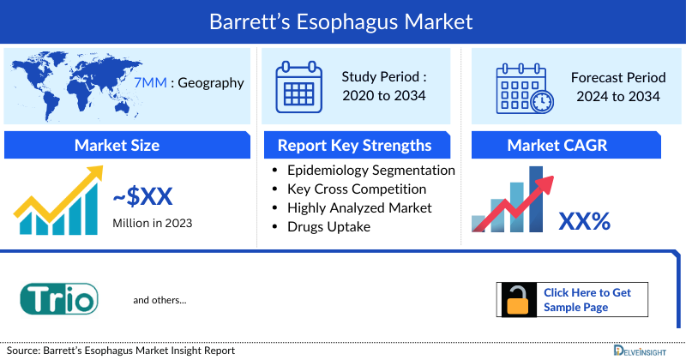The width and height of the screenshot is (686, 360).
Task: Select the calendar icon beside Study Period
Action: point(298,87)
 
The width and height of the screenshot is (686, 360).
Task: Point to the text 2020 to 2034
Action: point(383,96)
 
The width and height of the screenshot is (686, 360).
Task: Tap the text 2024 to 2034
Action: point(616,96)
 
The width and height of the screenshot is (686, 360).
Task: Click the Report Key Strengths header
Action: point(354,145)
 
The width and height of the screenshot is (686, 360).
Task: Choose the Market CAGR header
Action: point(569,145)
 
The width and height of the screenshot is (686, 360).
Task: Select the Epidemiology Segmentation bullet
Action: point(371,170)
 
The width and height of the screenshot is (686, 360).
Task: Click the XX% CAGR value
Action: point(584,222)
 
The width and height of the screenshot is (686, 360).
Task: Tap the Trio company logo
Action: point(59,299)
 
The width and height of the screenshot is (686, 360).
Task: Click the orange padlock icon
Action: point(519,300)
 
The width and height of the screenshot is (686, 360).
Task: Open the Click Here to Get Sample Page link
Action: point(587,299)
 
